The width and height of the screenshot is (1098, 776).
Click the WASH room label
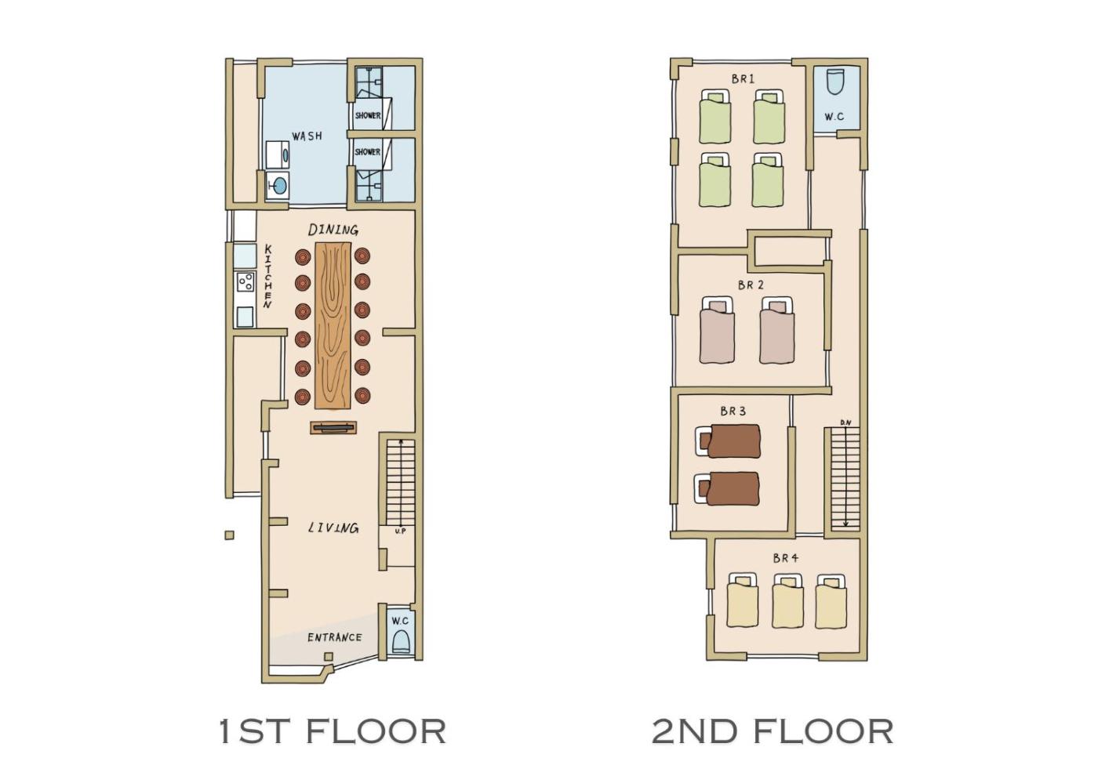tap(307, 136)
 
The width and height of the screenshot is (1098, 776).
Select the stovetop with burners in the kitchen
tap(245, 282)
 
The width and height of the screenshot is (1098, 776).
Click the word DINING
tap(333, 229)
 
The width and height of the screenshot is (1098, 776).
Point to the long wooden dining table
tap(333, 325)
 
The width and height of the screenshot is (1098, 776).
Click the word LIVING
tap(333, 528)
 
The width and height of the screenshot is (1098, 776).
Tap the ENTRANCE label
tap(334, 637)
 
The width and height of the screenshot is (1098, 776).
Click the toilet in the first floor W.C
tap(401, 641)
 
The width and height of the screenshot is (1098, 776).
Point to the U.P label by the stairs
tap(400, 531)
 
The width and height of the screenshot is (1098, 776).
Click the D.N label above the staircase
tap(845, 422)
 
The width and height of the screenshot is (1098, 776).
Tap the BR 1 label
tap(743, 79)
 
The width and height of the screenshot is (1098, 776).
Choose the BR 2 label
tap(751, 285)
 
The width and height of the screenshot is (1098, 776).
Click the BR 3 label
tap(733, 411)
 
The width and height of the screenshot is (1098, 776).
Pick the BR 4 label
tap(786, 558)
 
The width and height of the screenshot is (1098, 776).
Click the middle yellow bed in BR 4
tap(787, 601)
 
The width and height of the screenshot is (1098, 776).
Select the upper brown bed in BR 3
tap(728, 441)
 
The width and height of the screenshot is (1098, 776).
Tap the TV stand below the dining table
tap(333, 428)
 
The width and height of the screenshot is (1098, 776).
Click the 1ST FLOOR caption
tap(332, 731)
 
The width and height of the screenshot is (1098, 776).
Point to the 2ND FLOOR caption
tap(773, 731)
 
